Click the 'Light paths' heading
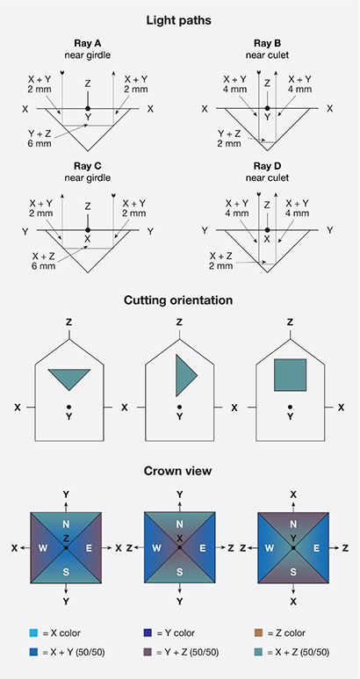179,18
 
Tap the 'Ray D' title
267,166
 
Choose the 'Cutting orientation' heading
179,300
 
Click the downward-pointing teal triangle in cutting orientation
69,378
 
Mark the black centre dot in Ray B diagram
267,109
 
